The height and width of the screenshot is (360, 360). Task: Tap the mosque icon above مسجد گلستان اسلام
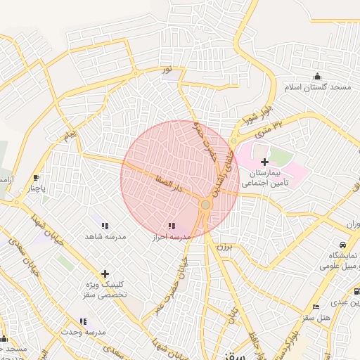pyautogui.click(x=317, y=77)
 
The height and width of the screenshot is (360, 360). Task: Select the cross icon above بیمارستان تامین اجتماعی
pyautogui.click(x=264, y=162)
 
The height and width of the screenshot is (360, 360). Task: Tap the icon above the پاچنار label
pyautogui.click(x=36, y=178)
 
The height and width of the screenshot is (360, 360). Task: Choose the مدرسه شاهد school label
pyautogui.click(x=105, y=237)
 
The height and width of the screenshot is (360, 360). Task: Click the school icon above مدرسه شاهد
pyautogui.click(x=105, y=226)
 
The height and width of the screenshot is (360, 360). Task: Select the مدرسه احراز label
pyautogui.click(x=172, y=237)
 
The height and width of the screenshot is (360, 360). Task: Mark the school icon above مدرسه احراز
pyautogui.click(x=172, y=226)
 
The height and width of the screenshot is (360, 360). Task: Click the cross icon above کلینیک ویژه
pyautogui.click(x=105, y=273)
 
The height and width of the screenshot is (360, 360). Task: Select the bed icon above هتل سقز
pyautogui.click(x=316, y=307)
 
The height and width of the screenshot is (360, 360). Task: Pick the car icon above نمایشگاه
pyautogui.click(x=342, y=243)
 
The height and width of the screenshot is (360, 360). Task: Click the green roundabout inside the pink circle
pyautogui.click(x=205, y=205)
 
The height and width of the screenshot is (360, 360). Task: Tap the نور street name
pyautogui.click(x=167, y=69)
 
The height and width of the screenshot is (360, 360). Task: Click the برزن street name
pyautogui.click(x=224, y=248)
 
